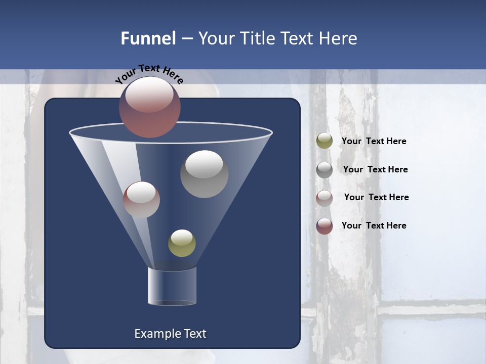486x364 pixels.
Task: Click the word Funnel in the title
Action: point(148,38)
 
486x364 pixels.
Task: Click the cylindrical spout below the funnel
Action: point(172,287)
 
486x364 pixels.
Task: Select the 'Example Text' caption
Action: point(171,334)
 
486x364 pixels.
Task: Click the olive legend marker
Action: point(325,141)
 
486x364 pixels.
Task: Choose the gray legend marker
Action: point(325,170)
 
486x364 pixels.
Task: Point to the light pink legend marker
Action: point(325,198)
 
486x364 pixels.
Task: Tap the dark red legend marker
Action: point(325,226)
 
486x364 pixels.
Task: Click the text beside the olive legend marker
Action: point(374,141)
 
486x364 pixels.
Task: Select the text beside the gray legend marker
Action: point(375,169)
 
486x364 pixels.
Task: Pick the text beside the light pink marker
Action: point(377,197)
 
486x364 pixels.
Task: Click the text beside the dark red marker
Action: point(374,225)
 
